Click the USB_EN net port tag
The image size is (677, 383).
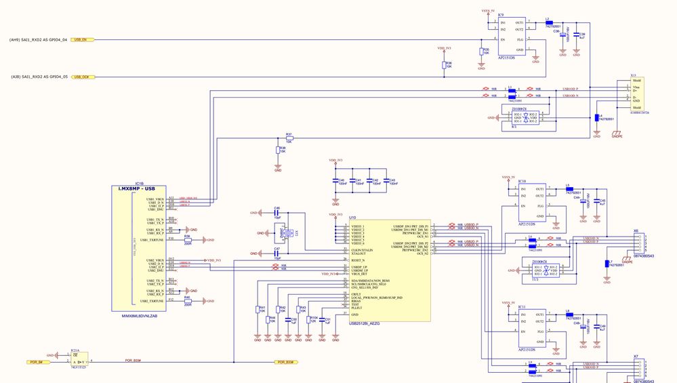coord(83,40)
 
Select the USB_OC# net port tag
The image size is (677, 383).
coord(83,77)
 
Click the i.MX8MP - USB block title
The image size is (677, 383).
coord(137,188)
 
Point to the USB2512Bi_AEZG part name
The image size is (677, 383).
coord(364,323)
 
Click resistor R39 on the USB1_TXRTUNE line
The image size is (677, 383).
coord(188,240)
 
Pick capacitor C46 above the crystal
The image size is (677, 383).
coord(277,213)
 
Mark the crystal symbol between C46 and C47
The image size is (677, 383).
coord(284,233)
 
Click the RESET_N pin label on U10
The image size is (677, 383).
coord(358,260)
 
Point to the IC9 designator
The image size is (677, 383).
coord(501,14)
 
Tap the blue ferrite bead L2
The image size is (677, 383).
coord(549,23)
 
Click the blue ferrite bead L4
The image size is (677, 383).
coord(596,119)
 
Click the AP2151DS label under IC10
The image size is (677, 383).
coord(527,224)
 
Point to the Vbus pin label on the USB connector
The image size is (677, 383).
coord(636,87)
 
